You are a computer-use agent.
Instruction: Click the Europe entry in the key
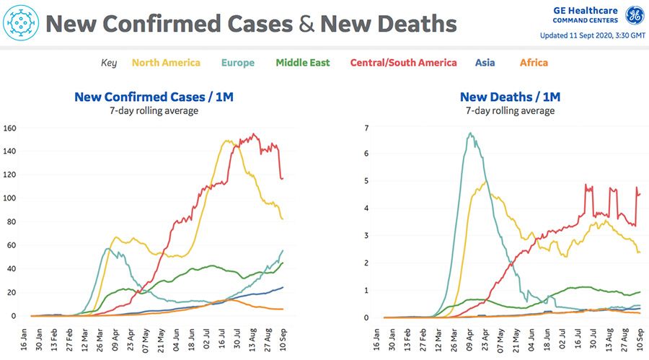coord(237,63)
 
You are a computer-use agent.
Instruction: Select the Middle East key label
coord(303,63)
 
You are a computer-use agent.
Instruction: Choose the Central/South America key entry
coord(403,63)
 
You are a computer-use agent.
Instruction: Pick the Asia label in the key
coord(485,63)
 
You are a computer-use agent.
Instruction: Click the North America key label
coord(166,63)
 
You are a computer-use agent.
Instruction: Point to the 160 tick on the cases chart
coord(11,128)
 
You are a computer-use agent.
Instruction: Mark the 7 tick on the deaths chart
coord(367,128)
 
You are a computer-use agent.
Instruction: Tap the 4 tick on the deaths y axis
coord(367,209)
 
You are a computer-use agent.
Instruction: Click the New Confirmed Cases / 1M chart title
coord(154,97)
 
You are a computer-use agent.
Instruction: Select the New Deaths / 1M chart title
coord(510,97)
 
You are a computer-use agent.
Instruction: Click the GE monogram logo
coord(634,15)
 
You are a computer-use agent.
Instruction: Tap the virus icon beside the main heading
coord(20,23)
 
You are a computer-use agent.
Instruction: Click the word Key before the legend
coord(108,63)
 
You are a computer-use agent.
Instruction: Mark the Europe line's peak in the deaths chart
coord(470,133)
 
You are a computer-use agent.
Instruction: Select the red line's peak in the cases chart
coord(253,133)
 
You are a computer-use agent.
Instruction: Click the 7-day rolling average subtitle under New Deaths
coord(510,111)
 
